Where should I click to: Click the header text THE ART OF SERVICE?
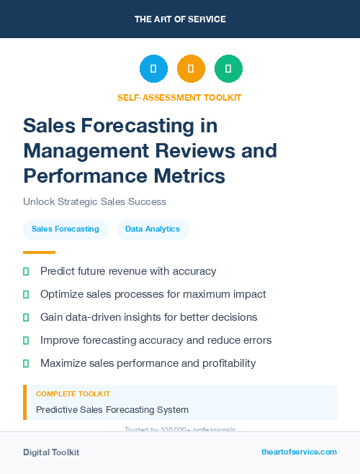point(180,19)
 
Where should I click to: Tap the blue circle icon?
point(153,69)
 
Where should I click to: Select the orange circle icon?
point(191,69)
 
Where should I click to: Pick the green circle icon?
point(228,69)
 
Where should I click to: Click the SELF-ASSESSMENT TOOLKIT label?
point(179,97)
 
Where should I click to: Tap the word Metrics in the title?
point(189,176)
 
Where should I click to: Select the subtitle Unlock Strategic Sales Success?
point(95,201)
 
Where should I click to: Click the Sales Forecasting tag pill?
point(66,229)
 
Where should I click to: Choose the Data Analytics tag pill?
point(153,229)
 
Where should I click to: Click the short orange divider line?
point(39,252)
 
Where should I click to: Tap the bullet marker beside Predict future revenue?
point(26,271)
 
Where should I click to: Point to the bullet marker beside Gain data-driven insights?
point(26,317)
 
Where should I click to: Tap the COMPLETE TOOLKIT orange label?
point(73,394)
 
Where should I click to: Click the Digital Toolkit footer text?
point(51,452)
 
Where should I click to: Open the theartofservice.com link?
point(299,452)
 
